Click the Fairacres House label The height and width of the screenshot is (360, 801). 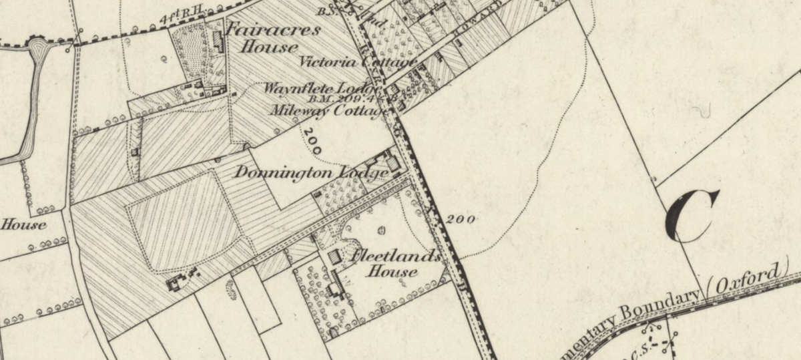click(272, 38)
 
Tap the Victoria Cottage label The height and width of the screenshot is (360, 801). click(358, 63)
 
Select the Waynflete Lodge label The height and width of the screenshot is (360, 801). click(322, 88)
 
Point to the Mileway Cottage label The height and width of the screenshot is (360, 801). click(328, 110)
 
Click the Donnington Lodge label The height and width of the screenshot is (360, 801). click(311, 172)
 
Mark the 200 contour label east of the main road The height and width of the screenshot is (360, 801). click(461, 219)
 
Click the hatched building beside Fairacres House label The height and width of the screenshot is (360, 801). click(218, 41)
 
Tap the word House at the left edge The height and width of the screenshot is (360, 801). click(24, 224)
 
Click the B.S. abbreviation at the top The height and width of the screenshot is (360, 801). click(326, 11)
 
